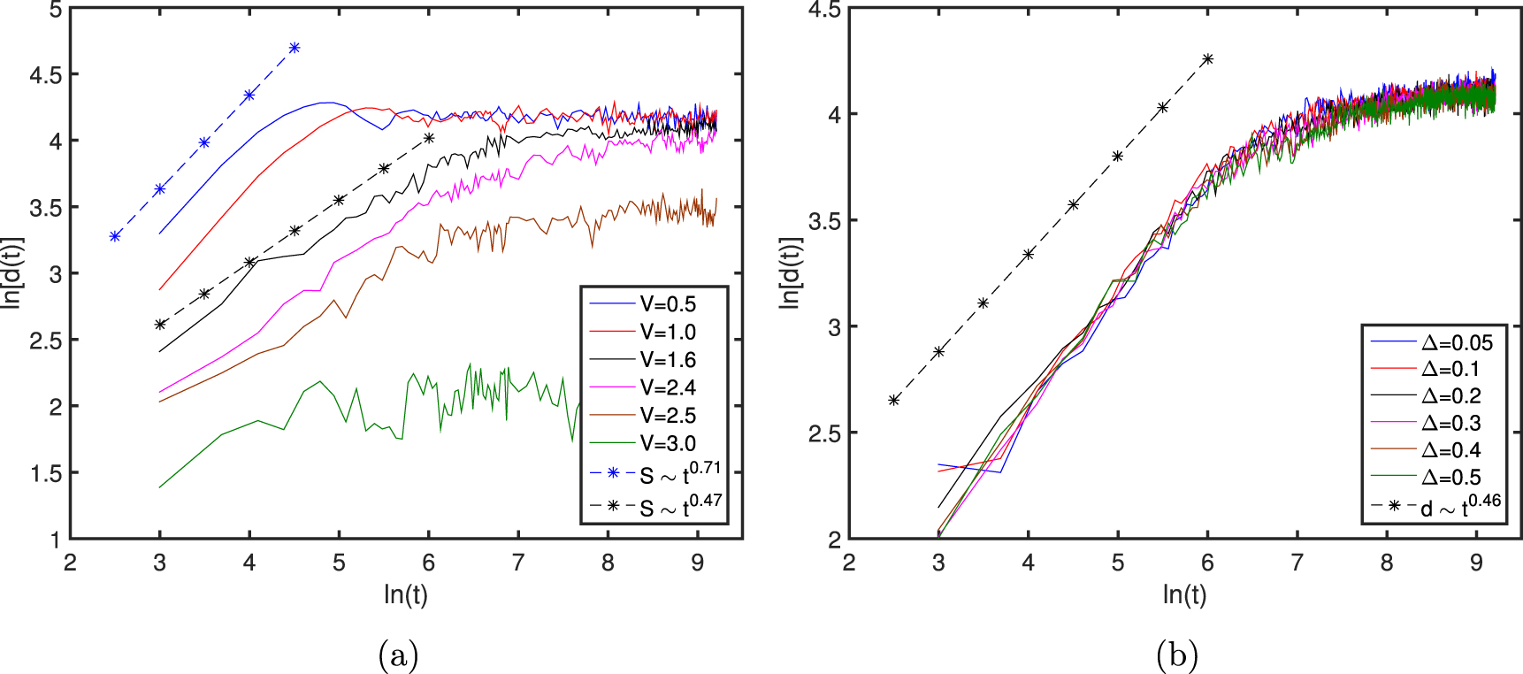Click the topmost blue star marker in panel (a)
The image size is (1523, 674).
point(295,48)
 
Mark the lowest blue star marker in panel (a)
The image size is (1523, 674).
point(115,236)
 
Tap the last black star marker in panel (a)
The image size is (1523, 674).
point(429,137)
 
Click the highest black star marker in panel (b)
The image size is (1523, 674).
point(1208,59)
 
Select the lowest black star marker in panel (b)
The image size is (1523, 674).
point(894,401)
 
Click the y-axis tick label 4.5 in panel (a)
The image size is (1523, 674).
point(45,75)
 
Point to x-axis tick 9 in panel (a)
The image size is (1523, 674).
point(698,563)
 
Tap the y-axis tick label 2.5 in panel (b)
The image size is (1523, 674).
point(824,433)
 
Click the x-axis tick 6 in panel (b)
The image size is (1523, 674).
point(1207,563)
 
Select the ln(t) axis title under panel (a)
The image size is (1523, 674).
point(406,594)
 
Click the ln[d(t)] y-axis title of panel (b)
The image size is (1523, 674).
point(789,272)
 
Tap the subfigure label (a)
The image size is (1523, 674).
point(398,655)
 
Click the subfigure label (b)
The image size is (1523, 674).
point(1177,655)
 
